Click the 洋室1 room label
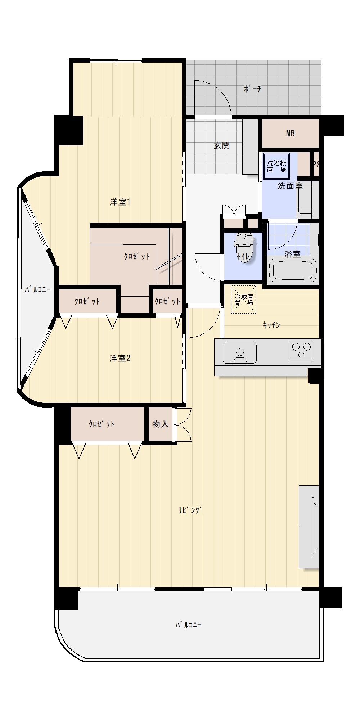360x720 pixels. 120,202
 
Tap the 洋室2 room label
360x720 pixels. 120,358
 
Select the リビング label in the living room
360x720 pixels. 190,510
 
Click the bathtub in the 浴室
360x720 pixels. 293,270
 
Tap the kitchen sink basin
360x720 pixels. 239,352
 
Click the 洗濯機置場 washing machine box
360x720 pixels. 276,166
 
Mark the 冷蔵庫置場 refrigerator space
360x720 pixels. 244,300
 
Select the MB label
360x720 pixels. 290,134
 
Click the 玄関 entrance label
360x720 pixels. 222,146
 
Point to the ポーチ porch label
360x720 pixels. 252,89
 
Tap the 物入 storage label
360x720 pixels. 160,424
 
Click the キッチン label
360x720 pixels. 271,325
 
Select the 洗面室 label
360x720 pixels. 290,186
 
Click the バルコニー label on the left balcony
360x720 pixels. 37,289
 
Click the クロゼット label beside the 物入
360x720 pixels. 102,424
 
